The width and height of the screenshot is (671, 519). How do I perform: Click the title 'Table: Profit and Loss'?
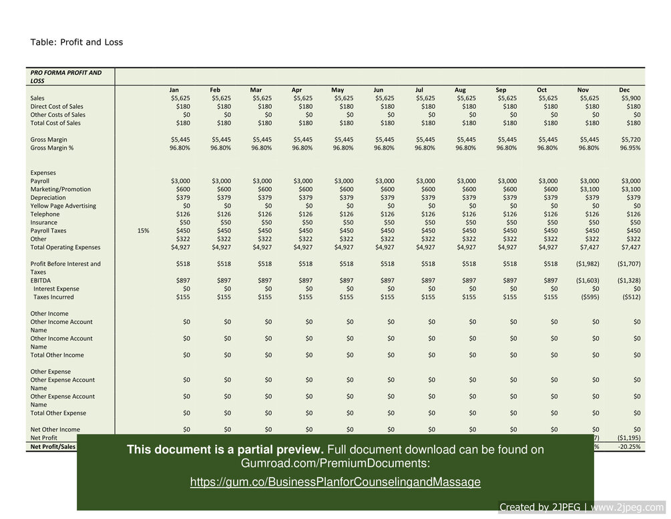(x=77, y=42)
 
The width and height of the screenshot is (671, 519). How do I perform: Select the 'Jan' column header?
(x=174, y=90)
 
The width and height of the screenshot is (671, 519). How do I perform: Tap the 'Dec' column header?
(x=624, y=90)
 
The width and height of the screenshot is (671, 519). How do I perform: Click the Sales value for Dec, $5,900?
(x=629, y=98)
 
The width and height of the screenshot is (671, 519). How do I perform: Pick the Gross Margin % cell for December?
(x=628, y=148)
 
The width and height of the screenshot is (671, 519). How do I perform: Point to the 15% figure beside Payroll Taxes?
(x=143, y=230)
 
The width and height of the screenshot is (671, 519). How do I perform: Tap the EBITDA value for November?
(x=586, y=281)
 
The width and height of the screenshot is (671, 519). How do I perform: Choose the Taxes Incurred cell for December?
(x=629, y=297)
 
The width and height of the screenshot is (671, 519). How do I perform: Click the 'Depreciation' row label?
(x=48, y=198)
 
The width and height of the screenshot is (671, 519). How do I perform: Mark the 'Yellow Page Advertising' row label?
(x=63, y=206)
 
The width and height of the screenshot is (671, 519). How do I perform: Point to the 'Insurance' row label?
(x=45, y=222)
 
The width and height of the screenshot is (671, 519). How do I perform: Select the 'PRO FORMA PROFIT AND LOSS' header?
(x=65, y=76)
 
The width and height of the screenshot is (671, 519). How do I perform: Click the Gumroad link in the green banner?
(x=335, y=482)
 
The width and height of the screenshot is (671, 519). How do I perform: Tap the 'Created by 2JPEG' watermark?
(x=582, y=507)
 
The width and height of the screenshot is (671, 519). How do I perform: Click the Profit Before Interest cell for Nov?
(x=586, y=264)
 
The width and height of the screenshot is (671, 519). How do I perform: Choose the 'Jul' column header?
(x=419, y=90)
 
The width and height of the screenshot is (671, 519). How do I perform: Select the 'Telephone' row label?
(x=45, y=214)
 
